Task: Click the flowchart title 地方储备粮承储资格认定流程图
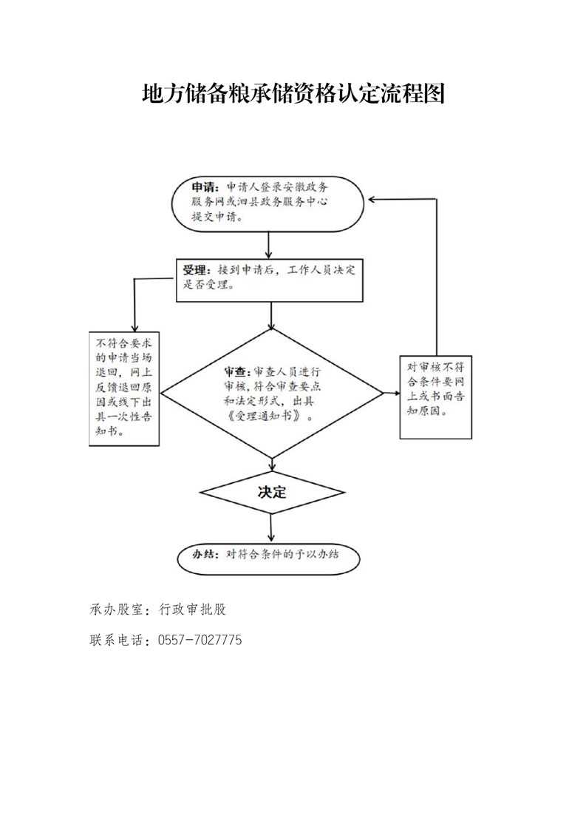coord(293,93)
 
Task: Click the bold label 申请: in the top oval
coord(205,187)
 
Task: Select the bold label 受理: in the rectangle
coord(197,270)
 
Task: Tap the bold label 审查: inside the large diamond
coord(238,371)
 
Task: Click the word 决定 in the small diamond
coord(272,492)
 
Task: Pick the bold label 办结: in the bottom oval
coord(205,554)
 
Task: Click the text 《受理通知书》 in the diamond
coord(267,416)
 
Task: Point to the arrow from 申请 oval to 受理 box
coord(269,245)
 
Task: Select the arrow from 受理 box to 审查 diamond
coord(271,315)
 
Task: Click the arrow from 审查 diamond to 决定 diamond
coord(272,465)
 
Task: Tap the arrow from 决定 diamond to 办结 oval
coord(271,527)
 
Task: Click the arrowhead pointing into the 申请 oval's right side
coord(372,199)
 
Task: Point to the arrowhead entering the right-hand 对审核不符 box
coord(396,394)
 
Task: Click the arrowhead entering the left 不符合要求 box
coord(135,328)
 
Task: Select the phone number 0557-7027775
coord(200,640)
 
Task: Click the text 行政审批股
coord(193,610)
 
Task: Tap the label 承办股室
coord(116,610)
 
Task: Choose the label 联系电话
coord(116,640)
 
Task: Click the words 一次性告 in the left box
coord(130,416)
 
